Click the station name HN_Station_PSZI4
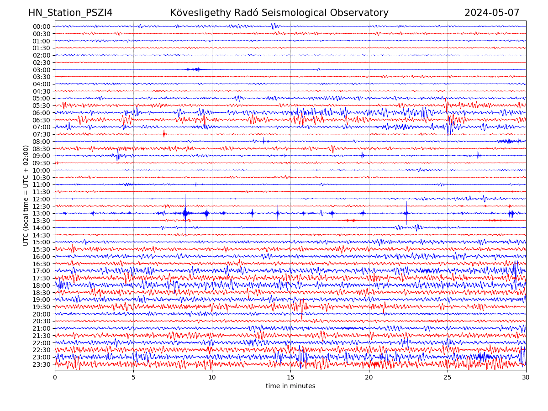(x=70, y=13)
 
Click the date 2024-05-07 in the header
(x=492, y=13)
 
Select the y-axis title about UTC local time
(x=26, y=195)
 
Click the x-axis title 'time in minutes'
(x=290, y=386)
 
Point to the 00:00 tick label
(x=42, y=26)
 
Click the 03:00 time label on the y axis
(x=42, y=70)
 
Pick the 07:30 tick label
(x=42, y=134)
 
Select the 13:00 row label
(x=42, y=213)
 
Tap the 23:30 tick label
(x=42, y=364)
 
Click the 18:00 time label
(x=42, y=285)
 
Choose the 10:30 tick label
(x=42, y=178)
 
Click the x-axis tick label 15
(x=290, y=378)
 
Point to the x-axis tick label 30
(x=526, y=378)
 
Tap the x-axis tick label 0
(x=55, y=378)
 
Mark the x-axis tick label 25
(x=448, y=378)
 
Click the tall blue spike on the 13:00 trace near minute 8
(x=185, y=213)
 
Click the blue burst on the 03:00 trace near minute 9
(x=196, y=69)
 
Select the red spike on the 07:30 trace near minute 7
(x=164, y=134)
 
